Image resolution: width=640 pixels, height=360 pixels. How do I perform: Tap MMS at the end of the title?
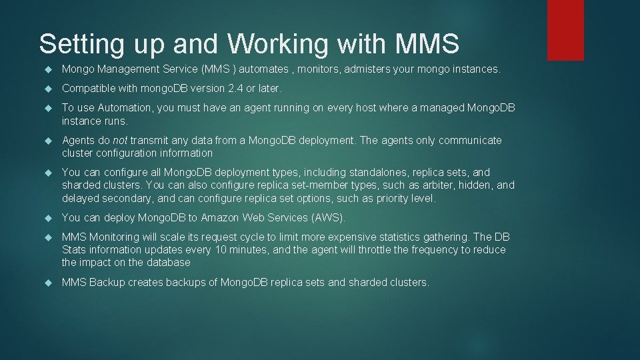click(427, 45)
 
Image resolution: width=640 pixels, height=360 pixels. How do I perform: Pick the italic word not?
click(120, 141)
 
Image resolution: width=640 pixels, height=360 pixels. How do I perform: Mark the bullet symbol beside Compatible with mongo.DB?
click(47, 89)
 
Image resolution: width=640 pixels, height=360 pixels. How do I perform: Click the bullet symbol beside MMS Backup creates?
click(47, 283)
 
